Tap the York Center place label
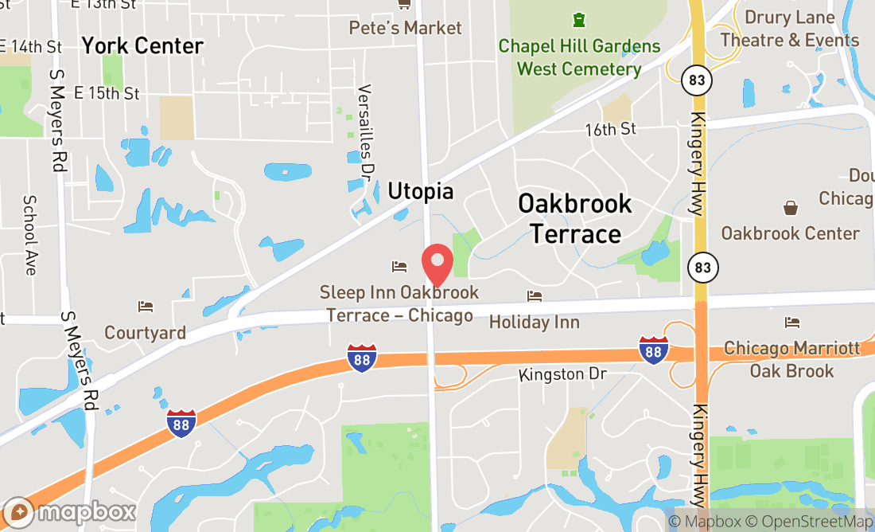(x=142, y=45)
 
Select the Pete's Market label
(x=405, y=28)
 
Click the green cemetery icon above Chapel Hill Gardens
(x=579, y=18)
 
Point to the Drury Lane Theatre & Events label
(x=790, y=29)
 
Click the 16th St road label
(x=610, y=129)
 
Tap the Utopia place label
(x=420, y=191)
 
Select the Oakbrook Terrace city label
(x=575, y=218)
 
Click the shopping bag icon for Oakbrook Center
(x=791, y=208)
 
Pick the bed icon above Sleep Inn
(x=399, y=266)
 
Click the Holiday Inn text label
(x=534, y=323)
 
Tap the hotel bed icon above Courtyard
(x=145, y=306)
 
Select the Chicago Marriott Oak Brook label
(x=791, y=360)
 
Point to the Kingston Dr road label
(x=562, y=374)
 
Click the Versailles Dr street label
(x=366, y=131)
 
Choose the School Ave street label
(x=30, y=235)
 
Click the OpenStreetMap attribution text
(x=819, y=522)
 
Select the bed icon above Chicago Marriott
(x=791, y=323)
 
